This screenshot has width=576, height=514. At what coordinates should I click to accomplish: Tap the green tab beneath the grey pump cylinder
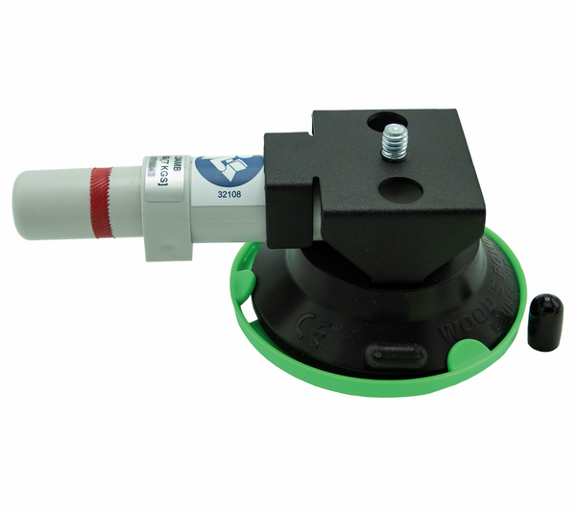tap(242, 280)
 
